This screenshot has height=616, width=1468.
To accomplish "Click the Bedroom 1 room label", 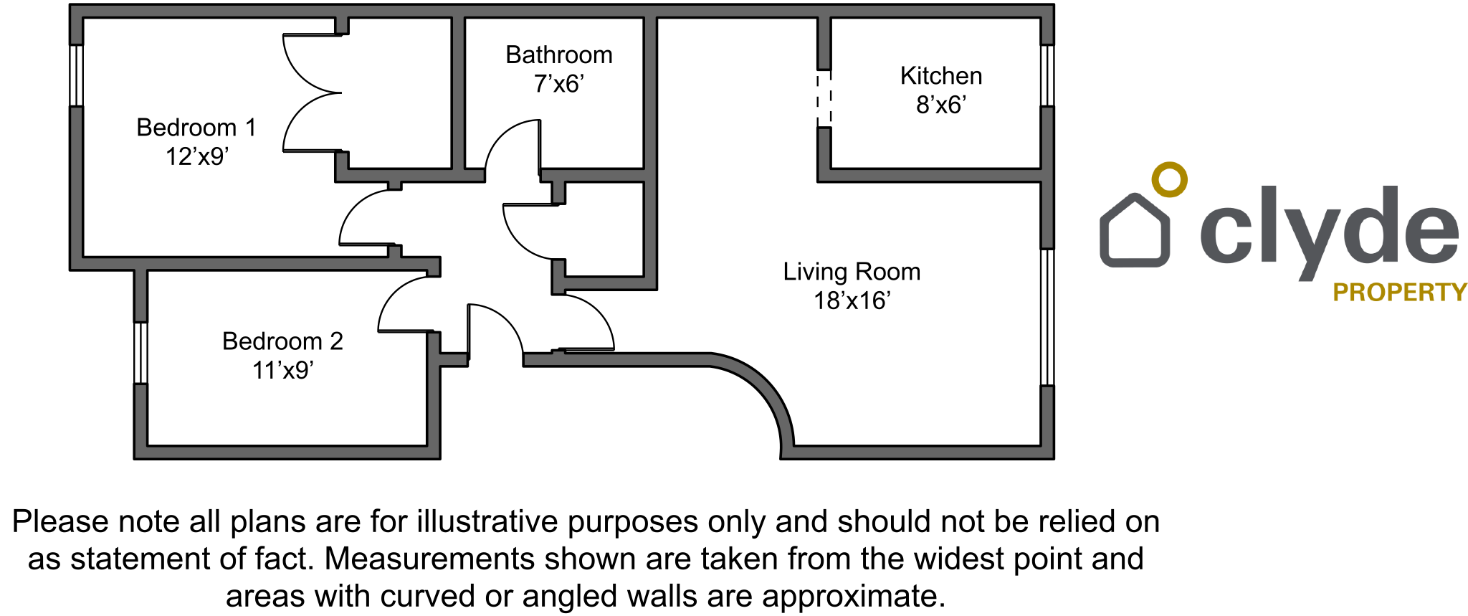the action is pos(196,128).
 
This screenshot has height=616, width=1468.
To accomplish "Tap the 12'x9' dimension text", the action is pos(197,156).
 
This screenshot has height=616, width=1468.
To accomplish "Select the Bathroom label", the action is pos(559,55).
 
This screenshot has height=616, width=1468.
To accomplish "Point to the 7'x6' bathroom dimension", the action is pos(559,84).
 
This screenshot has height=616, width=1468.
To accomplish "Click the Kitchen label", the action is pos(941,76).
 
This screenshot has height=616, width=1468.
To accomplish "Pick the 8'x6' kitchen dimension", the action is pos(941,105).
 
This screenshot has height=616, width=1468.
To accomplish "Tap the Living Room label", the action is pos(852,272).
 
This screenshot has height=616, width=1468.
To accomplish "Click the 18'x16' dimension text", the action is pos(852,300).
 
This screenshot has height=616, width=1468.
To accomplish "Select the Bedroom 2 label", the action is pos(282,341).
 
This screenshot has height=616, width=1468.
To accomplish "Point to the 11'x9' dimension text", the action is pos(282,370).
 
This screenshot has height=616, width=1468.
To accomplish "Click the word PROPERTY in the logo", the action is pos(1400,293).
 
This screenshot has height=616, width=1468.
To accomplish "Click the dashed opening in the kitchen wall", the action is pos(824,98).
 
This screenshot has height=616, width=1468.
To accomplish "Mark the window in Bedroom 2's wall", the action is pos(140,353).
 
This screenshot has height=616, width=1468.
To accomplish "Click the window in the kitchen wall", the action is pos(1047,75).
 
